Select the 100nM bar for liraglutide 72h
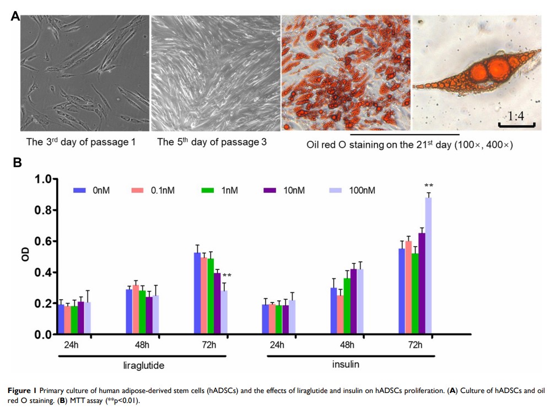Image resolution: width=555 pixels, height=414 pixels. [224, 312]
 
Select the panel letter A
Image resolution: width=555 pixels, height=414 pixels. [16, 17]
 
